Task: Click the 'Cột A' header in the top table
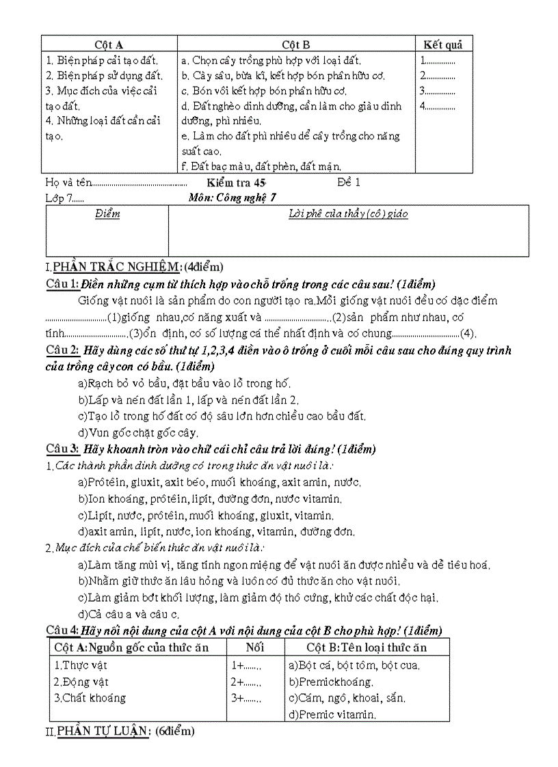[x=109, y=44]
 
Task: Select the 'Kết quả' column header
[x=443, y=44]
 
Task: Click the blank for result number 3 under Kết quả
[x=438, y=90]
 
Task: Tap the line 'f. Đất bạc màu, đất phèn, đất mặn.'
[x=261, y=166]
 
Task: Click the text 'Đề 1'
[x=348, y=182]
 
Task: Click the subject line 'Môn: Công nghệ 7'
[x=232, y=199]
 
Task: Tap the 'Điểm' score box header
[x=107, y=214]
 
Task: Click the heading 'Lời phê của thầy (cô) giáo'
[x=348, y=214]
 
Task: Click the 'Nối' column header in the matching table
[x=254, y=647]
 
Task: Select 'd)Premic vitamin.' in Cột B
[x=332, y=714]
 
